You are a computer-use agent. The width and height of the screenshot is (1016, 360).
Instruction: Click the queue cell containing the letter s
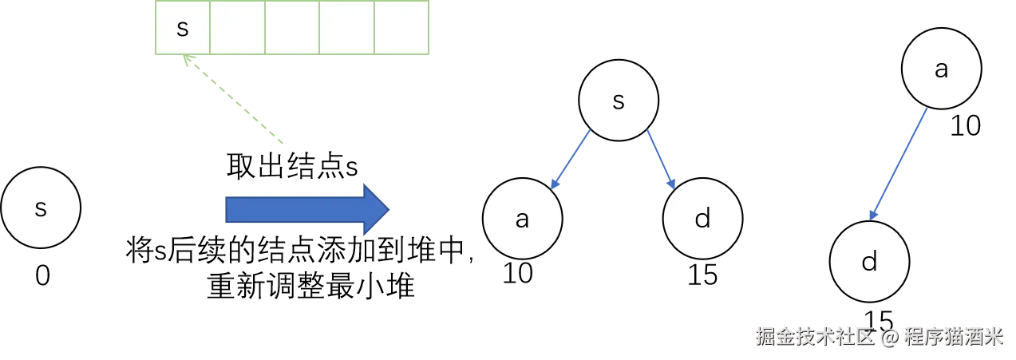[x=183, y=28]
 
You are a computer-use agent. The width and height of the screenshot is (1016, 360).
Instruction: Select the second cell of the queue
[x=237, y=28]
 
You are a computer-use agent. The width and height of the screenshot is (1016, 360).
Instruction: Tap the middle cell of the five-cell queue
[x=292, y=28]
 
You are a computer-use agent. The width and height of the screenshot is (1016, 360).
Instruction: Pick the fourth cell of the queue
[x=346, y=28]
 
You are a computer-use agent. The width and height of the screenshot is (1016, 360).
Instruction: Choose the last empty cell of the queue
[x=401, y=28]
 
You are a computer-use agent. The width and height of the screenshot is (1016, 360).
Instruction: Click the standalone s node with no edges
[x=41, y=208]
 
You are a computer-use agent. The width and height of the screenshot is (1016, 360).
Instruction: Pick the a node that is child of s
[x=523, y=220]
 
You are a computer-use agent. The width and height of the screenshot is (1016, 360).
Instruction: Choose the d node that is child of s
[x=703, y=220]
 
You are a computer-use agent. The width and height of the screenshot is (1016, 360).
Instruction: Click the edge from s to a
[x=571, y=160]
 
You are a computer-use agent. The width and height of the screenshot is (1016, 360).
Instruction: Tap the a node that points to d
[x=941, y=69]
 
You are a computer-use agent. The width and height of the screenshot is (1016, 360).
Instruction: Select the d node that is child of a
[x=870, y=262]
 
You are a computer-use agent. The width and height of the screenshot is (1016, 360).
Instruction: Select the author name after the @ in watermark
[x=951, y=336]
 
